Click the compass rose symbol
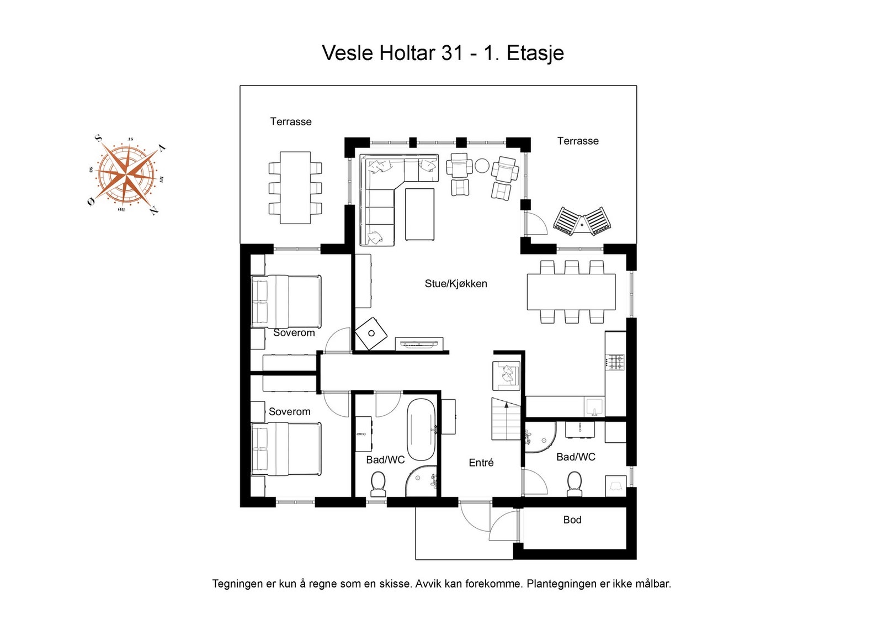(x=127, y=175)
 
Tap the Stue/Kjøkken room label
(x=456, y=284)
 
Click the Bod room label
(x=572, y=520)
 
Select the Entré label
(x=481, y=463)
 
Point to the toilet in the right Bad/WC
(x=574, y=483)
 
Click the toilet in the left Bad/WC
(x=378, y=483)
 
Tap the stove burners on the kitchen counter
(x=615, y=362)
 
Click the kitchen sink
(x=594, y=406)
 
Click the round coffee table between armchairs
(x=482, y=166)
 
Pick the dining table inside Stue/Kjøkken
(x=571, y=292)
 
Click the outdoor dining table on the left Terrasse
(x=295, y=188)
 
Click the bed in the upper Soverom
(x=286, y=301)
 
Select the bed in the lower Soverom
(x=286, y=448)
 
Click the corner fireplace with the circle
(x=371, y=333)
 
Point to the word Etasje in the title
(x=535, y=54)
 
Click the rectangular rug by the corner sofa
(x=419, y=214)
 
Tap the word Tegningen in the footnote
(x=238, y=584)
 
